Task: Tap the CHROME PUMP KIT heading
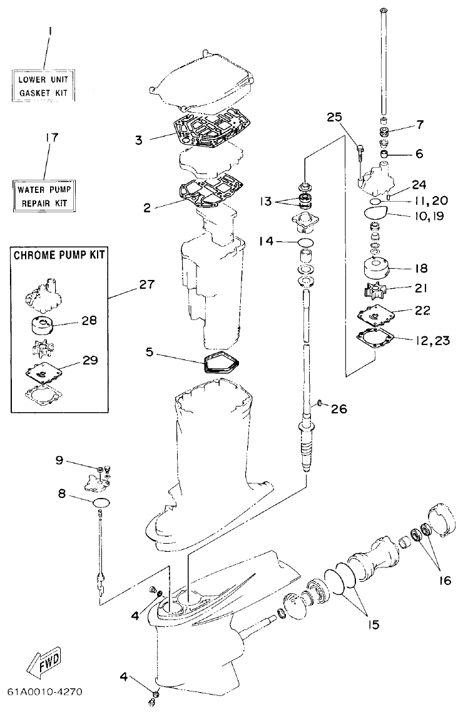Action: (59, 256)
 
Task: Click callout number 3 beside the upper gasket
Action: (138, 139)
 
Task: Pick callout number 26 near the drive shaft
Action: (338, 409)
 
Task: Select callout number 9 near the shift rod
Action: (59, 460)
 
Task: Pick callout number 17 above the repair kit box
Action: (52, 137)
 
